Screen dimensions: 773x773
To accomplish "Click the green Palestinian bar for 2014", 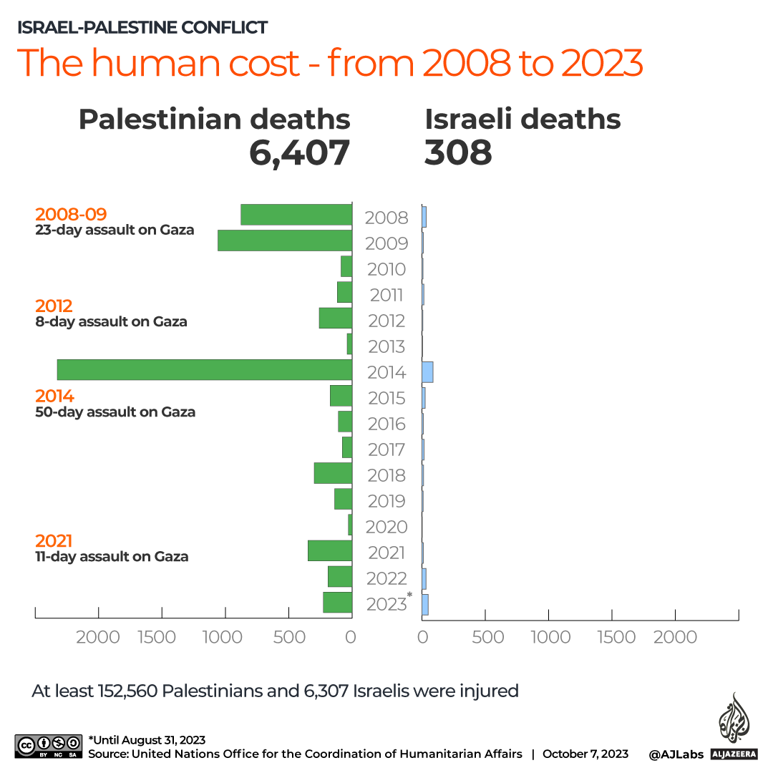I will point(204,370).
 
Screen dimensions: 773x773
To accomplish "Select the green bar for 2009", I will point(284,240).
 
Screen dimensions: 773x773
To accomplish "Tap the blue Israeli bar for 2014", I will point(427,372).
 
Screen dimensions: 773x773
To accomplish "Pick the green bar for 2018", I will point(333,473).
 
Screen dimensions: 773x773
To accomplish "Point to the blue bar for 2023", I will point(425,605).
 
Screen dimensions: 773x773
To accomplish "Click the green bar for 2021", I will point(330,550).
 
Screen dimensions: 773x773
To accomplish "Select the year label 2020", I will point(386,528).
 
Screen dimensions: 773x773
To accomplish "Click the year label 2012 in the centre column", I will point(386,321).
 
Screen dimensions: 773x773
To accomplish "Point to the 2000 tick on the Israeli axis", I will point(675,637).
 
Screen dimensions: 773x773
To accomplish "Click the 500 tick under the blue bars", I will point(488,637).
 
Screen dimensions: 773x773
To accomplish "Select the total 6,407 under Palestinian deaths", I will point(299,152).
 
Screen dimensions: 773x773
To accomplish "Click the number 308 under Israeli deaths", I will point(458,152).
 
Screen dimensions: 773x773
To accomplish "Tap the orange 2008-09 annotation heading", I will point(71,214).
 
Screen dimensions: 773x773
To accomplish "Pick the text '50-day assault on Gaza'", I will point(115,412).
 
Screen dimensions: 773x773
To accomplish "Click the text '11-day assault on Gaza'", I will point(112,557).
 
